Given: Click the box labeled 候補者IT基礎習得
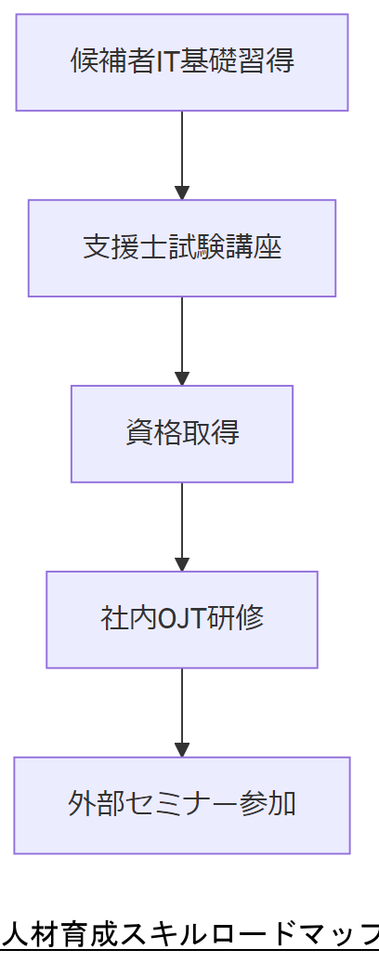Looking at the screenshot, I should tap(182, 62).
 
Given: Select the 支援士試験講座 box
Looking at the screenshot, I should tap(182, 248).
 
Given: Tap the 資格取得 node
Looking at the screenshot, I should tap(182, 433).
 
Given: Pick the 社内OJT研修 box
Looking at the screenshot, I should tap(182, 619).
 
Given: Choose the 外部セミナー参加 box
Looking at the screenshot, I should tap(182, 804).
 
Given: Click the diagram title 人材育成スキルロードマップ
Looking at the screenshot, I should tap(189, 932).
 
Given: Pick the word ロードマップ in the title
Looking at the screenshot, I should tap(298, 932).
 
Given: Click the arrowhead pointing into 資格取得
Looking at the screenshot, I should tap(182, 378).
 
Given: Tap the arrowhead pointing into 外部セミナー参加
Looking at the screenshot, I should tap(182, 750).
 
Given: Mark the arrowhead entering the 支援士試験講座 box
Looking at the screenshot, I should tap(182, 192).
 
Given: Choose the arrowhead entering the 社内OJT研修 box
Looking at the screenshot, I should tap(182, 564).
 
